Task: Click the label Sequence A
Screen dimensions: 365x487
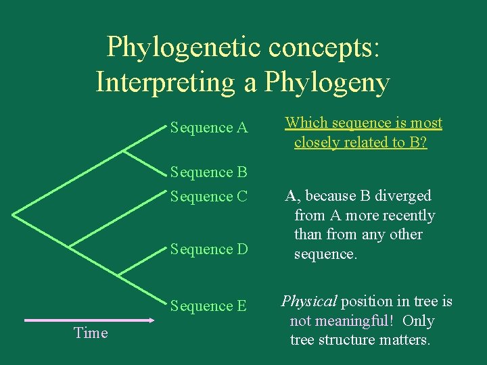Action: [209, 128]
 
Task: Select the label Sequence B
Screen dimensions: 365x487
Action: [209, 172]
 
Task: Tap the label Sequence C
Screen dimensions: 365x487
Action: [209, 197]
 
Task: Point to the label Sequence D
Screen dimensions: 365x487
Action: [209, 249]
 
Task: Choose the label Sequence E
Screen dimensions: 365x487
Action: [209, 306]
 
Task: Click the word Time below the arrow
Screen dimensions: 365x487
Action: [91, 333]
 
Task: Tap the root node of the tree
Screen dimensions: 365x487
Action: [13, 214]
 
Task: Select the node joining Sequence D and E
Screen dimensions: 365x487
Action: [119, 274]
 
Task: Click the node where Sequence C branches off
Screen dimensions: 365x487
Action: [70, 245]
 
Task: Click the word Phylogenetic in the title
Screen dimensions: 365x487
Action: [185, 47]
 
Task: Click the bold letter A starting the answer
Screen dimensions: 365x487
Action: [290, 196]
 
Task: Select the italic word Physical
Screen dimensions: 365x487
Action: [308, 301]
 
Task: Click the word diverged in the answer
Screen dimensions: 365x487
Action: [404, 196]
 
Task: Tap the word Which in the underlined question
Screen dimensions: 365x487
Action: [306, 123]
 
